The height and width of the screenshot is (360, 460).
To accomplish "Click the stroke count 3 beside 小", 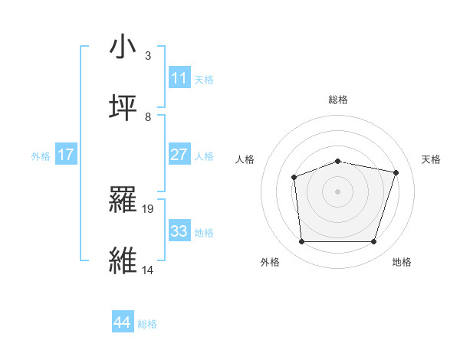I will (x=148, y=56).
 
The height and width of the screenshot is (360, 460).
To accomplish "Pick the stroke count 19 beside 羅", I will (x=149, y=208).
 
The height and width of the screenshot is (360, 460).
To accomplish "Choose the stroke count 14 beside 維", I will (x=148, y=270).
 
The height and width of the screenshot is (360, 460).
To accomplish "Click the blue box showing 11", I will (x=179, y=78).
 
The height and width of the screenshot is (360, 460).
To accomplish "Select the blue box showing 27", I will (x=179, y=155).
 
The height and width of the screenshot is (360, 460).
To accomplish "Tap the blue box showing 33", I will (x=179, y=231).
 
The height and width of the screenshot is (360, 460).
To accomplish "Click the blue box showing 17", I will (x=66, y=155).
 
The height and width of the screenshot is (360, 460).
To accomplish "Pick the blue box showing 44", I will (x=123, y=322).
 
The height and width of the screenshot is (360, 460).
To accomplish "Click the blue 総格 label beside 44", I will (x=147, y=324).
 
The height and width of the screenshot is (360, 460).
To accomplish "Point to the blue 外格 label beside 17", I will (x=41, y=156).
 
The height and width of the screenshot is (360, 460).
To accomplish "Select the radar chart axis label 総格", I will (x=338, y=100).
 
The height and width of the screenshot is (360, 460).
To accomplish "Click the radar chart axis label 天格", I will (x=431, y=159).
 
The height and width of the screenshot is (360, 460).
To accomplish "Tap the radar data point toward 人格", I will (x=294, y=178).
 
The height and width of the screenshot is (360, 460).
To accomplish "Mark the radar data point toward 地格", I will (x=373, y=242).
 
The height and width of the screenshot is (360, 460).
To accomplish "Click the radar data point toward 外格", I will (x=301, y=242).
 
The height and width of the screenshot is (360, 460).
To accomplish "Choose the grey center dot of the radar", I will (x=337, y=191).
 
